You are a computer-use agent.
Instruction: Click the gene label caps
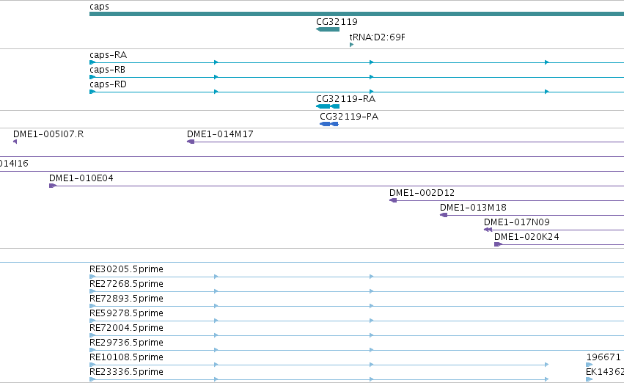tap(99, 7)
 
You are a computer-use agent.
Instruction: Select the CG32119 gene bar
tap(328, 29)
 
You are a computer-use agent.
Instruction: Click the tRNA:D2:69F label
tap(378, 37)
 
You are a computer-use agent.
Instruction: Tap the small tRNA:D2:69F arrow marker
tap(351, 45)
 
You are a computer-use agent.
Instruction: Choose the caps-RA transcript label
tap(109, 55)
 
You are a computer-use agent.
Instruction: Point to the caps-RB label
tap(108, 70)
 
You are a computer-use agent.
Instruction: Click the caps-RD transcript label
tap(109, 84)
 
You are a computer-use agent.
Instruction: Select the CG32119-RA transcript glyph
tap(328, 106)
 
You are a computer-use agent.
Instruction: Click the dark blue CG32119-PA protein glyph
tap(329, 124)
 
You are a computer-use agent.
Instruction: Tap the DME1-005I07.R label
tap(48, 134)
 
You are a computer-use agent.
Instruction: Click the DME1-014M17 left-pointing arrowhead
tap(191, 142)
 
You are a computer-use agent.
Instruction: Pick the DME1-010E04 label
tap(81, 178)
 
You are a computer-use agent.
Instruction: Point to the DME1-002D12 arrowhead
tap(393, 200)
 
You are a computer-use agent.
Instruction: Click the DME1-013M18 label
tap(473, 208)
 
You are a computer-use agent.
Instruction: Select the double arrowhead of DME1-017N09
tap(488, 230)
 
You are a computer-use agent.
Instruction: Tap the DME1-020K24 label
tap(526, 237)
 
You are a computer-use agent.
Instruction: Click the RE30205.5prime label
tap(126, 269)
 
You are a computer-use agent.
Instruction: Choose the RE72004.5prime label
tap(126, 328)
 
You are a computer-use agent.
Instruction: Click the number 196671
tap(603, 357)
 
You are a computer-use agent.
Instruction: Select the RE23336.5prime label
tap(126, 372)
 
